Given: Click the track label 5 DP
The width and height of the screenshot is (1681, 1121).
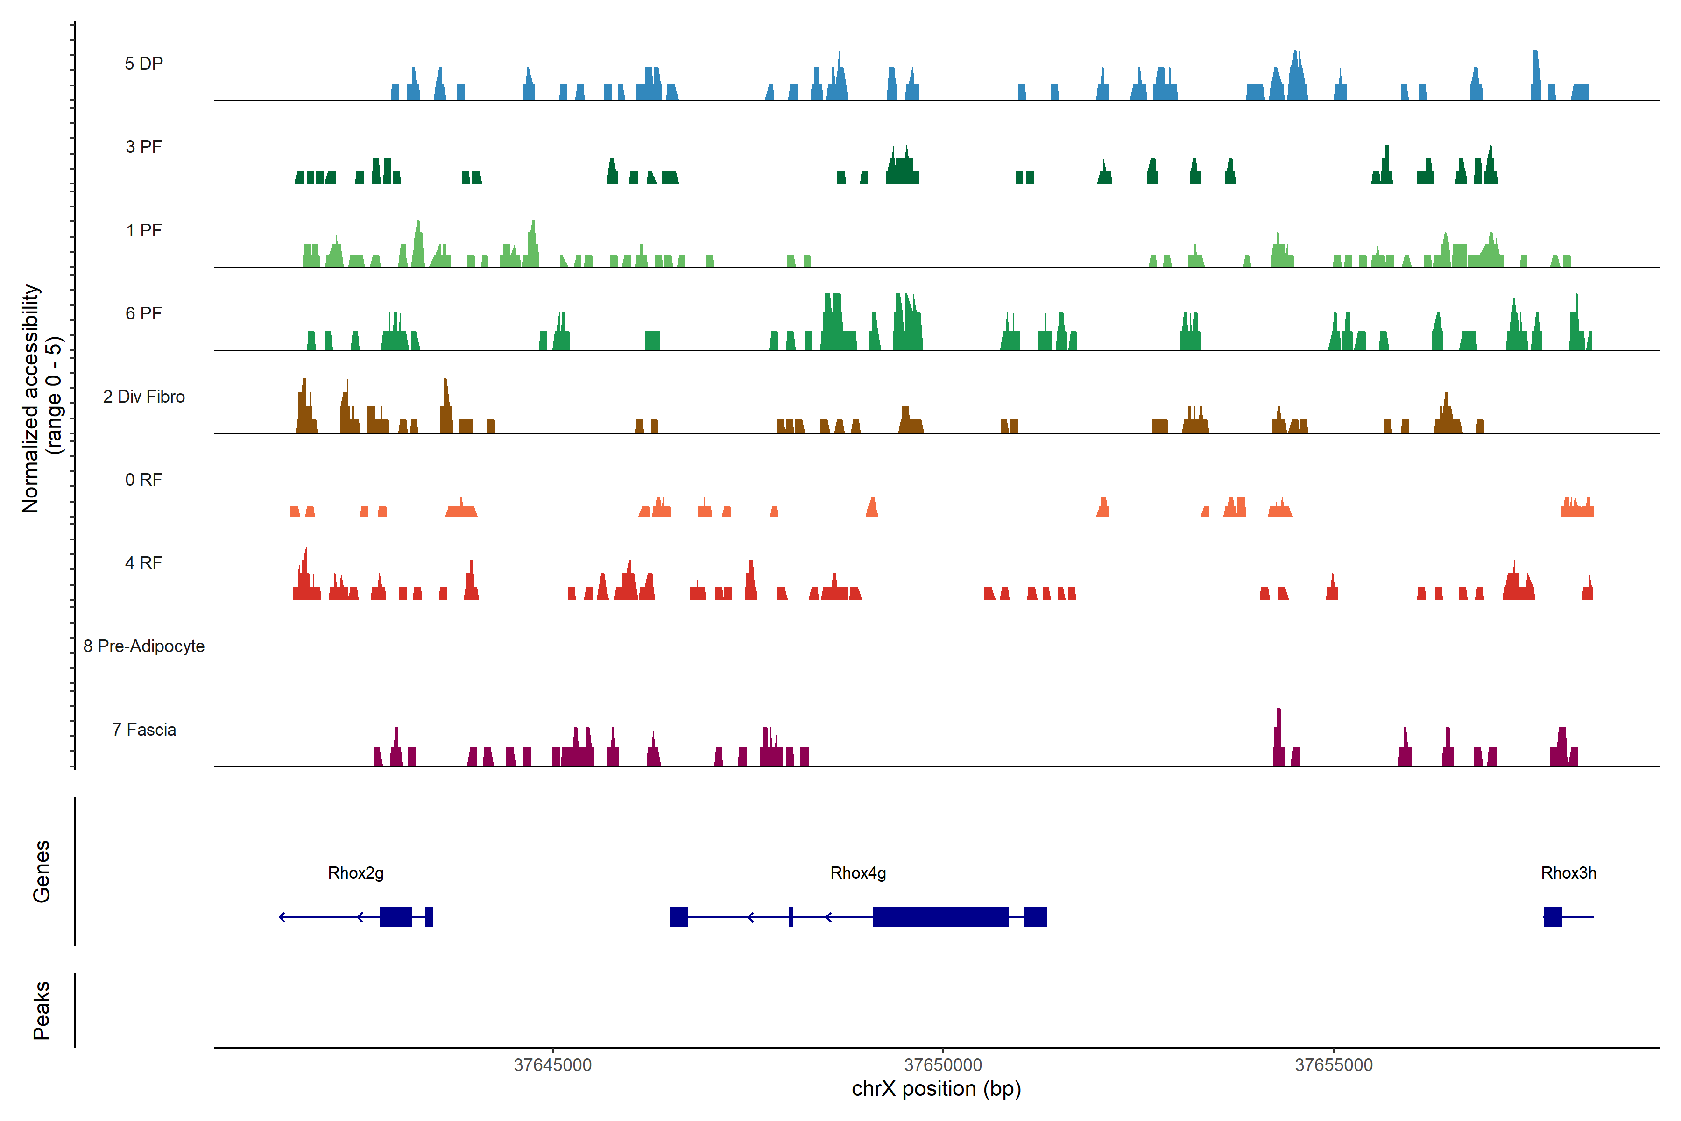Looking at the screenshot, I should (144, 64).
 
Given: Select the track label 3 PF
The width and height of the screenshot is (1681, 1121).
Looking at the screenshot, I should (144, 147).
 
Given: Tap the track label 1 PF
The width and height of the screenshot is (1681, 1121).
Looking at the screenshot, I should (144, 230).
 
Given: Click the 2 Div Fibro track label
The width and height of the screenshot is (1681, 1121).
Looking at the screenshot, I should (144, 397).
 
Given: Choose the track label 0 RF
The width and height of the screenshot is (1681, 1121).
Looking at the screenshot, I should (144, 480).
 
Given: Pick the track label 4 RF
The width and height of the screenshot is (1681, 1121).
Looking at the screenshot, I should (144, 563).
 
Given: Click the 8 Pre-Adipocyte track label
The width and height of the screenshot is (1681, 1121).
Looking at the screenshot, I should (144, 646).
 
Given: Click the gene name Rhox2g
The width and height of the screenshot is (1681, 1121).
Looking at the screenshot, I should (355, 873).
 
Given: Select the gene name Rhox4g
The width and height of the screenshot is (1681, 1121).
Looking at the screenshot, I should (858, 873).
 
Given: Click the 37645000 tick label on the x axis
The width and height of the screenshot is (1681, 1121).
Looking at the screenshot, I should (552, 1065).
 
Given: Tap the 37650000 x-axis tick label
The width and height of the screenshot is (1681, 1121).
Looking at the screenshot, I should (943, 1065).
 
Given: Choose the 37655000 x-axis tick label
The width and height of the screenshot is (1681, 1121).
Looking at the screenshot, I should (1334, 1065).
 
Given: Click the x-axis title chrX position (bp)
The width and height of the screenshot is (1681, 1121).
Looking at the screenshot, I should (936, 1089).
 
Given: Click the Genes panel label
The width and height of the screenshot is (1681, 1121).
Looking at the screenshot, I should (42, 872).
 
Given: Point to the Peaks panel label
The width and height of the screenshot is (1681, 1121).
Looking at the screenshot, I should (42, 1010).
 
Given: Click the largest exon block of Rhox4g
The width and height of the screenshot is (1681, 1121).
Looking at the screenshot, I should (940, 916).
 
